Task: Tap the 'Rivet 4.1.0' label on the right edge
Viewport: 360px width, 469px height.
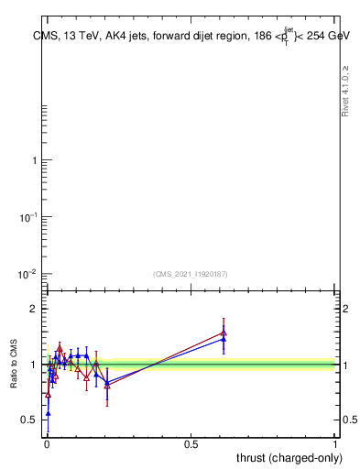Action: (x=345, y=91)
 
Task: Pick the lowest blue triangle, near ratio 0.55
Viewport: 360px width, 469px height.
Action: (x=48, y=413)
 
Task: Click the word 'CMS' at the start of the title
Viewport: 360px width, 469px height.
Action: (x=43, y=36)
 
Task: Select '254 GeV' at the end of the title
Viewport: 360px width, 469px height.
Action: (x=324, y=36)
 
